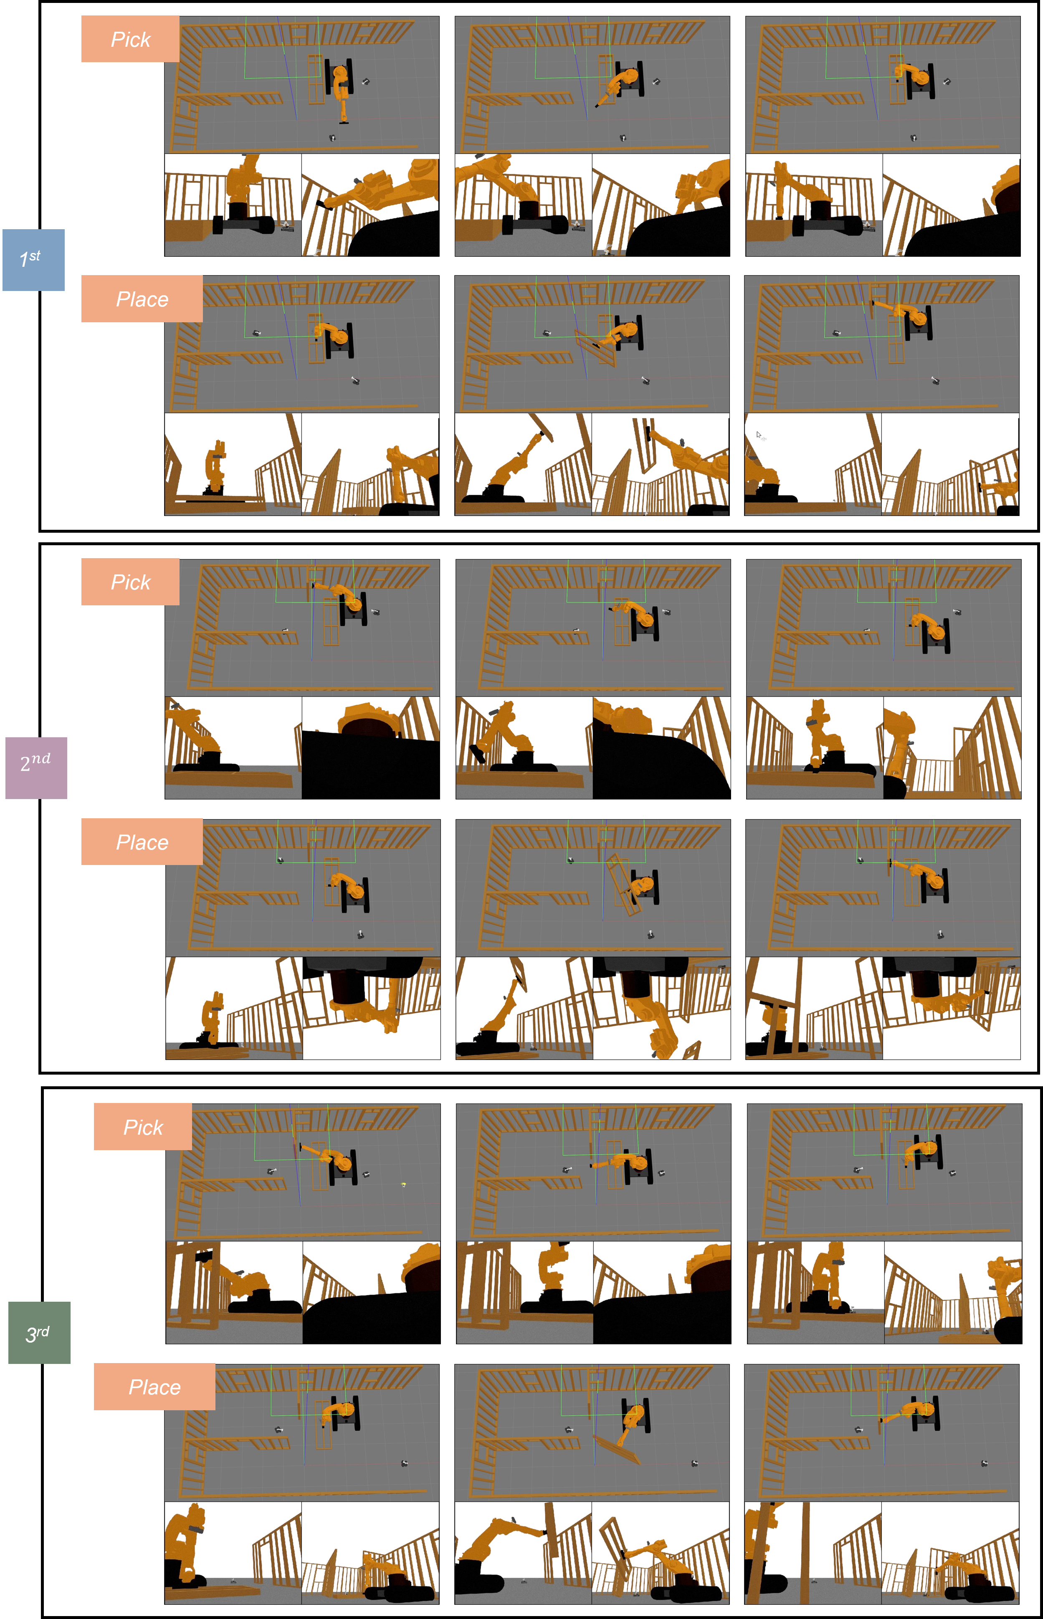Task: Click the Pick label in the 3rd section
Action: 143,1127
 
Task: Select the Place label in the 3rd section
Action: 154,1387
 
